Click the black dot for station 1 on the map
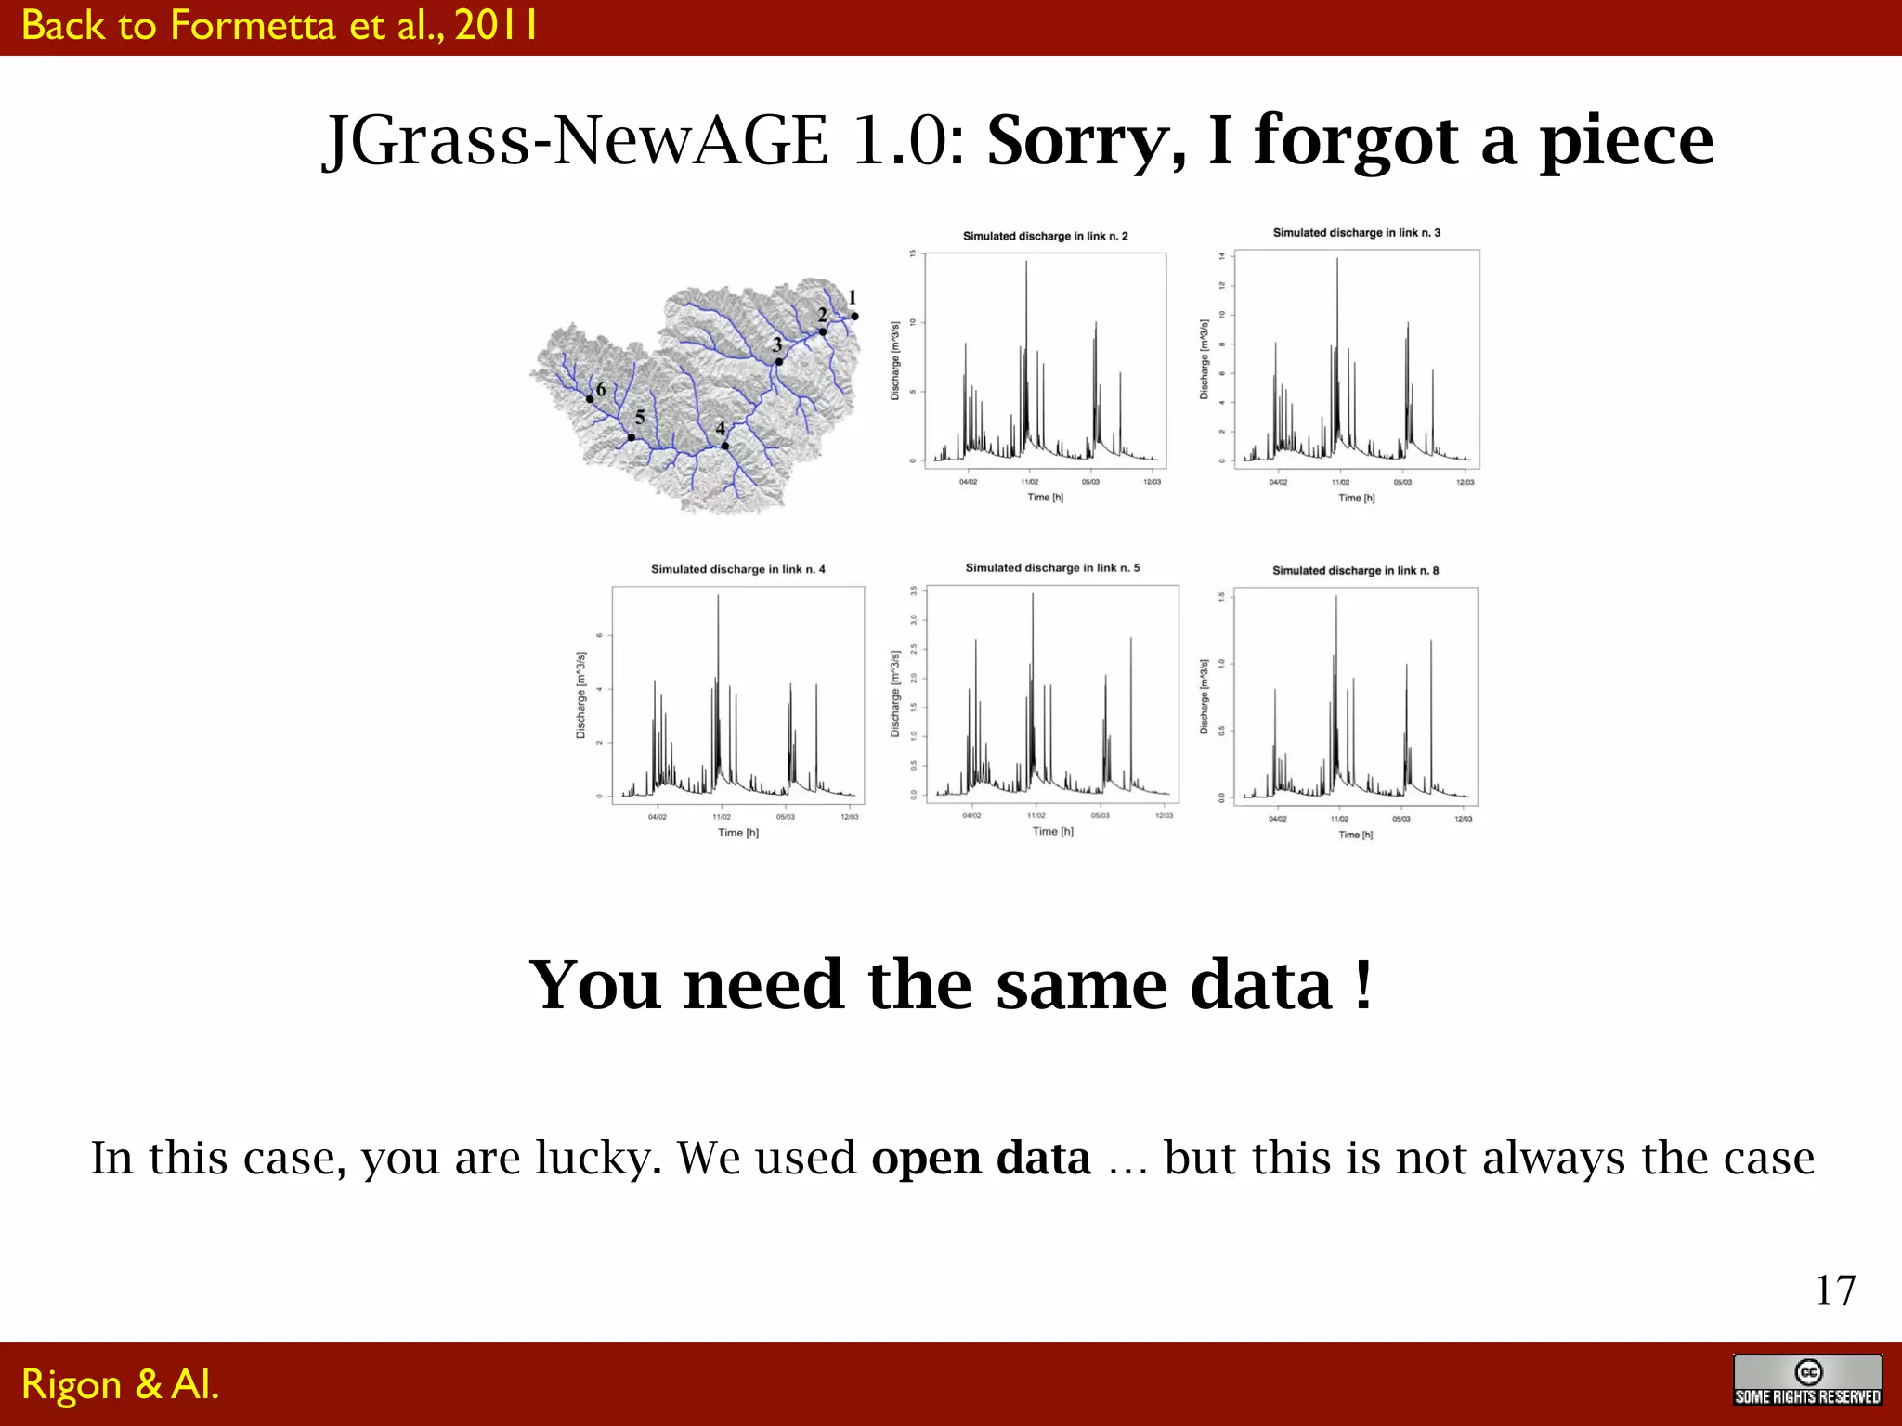(854, 317)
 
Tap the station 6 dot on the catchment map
(590, 399)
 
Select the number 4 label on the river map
(721, 428)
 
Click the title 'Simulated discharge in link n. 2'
(1045, 236)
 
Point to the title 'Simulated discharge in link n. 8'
(1355, 570)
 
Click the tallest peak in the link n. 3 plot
(1337, 260)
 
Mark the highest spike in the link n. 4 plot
(718, 597)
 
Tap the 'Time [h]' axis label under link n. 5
(1052, 831)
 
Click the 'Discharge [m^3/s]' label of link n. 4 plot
(581, 694)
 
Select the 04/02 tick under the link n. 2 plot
(968, 482)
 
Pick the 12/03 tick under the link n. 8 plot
(1463, 819)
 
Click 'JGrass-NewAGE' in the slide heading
(576, 140)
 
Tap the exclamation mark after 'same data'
(1362, 984)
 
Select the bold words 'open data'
(981, 1158)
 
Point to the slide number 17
(1835, 1290)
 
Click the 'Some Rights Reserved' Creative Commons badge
(1806, 1381)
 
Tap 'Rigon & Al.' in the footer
(120, 1383)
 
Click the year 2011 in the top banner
(495, 25)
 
